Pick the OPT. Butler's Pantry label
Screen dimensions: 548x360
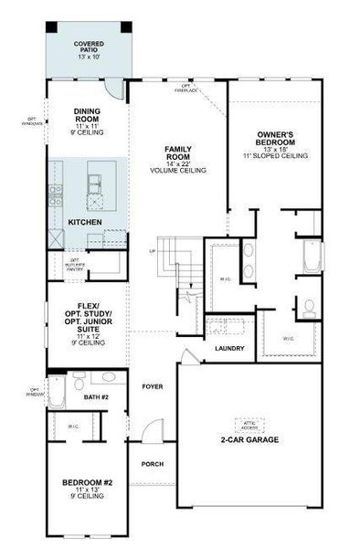click(x=76, y=266)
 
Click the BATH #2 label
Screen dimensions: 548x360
click(x=97, y=397)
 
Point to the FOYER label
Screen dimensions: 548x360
click(x=152, y=386)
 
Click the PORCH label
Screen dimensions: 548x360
click(x=152, y=464)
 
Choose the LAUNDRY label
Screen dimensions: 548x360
click(x=228, y=349)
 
